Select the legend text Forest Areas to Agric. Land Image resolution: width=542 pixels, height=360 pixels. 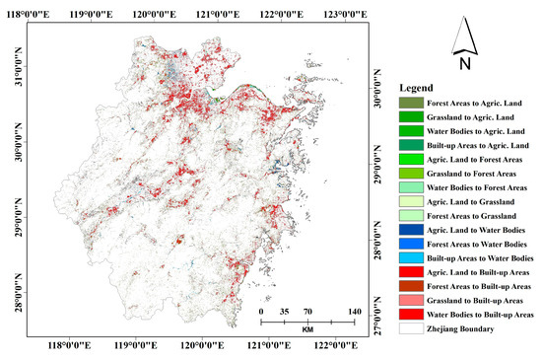click(x=474, y=103)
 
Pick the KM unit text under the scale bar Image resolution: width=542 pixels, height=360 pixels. click(x=307, y=329)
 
